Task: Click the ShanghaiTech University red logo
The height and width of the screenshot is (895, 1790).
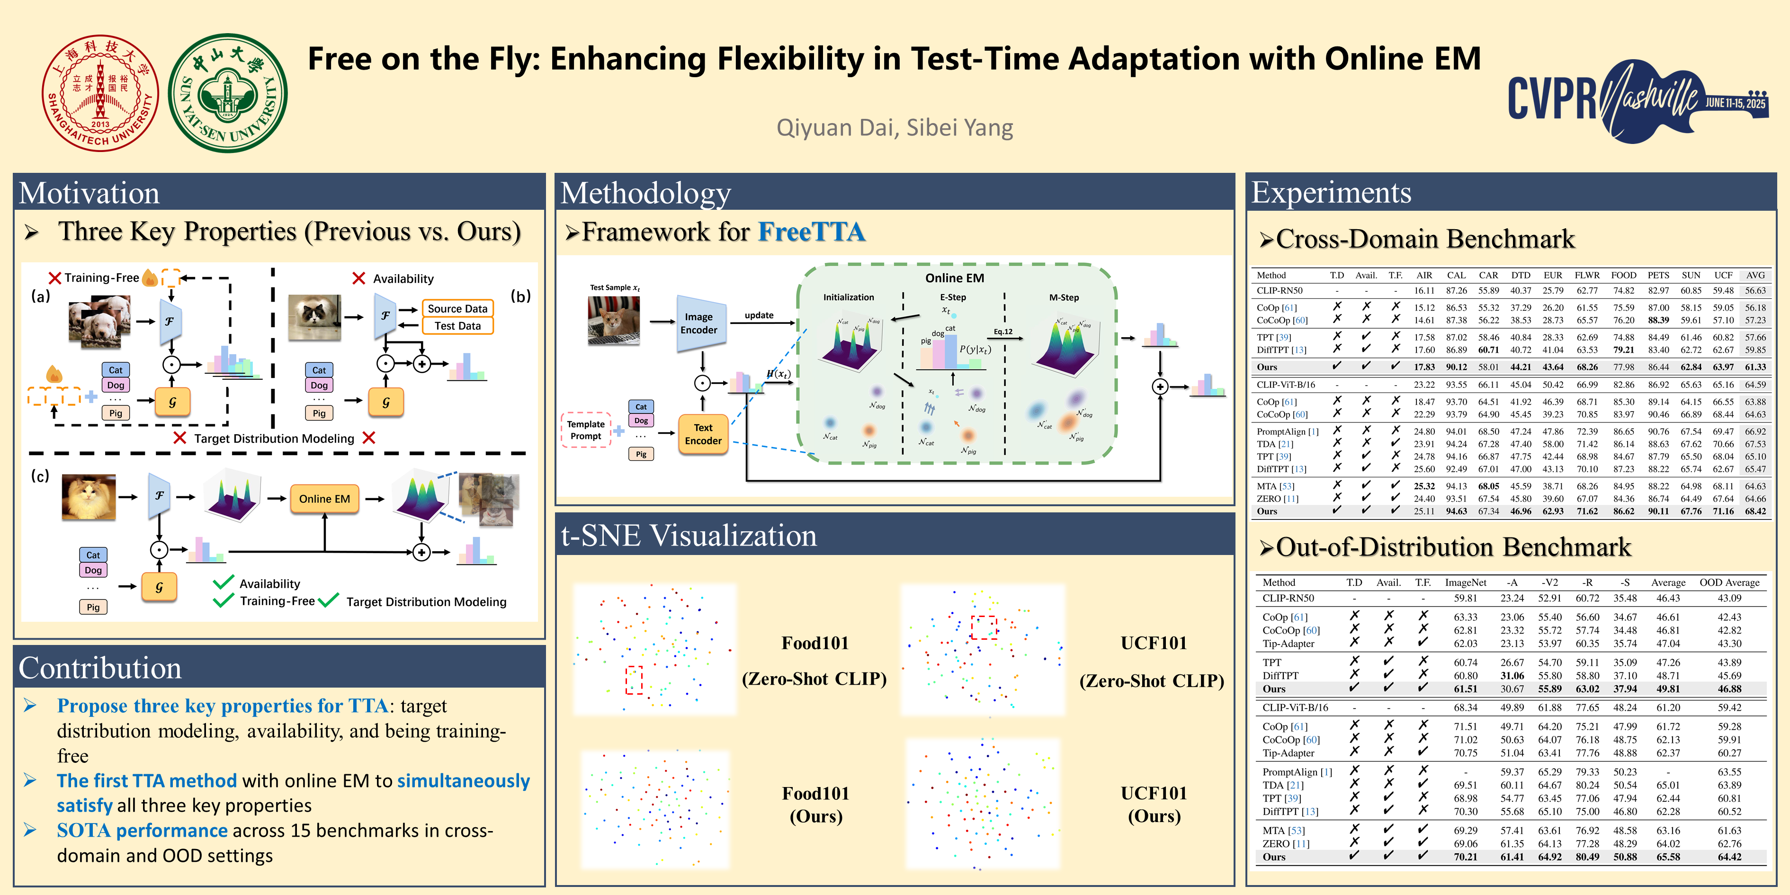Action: click(100, 93)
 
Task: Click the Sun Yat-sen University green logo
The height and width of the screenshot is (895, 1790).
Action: click(228, 93)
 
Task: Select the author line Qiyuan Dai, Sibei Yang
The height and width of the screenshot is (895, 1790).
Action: click(895, 128)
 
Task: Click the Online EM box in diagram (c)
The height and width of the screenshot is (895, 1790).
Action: click(324, 499)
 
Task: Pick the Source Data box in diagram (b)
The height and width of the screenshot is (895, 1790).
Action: click(457, 309)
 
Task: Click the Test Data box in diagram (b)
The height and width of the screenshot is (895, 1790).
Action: click(457, 326)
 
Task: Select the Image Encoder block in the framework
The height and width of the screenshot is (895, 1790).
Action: click(700, 323)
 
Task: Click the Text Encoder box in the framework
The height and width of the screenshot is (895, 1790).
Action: click(703, 434)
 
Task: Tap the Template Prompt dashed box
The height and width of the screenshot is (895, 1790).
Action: click(586, 430)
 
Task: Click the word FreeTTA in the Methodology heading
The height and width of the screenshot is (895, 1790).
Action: click(811, 232)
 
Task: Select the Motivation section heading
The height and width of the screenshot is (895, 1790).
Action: click(89, 193)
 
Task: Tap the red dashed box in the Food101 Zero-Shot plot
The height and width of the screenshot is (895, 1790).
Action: click(634, 680)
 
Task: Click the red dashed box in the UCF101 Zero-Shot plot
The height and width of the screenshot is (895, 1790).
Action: click(983, 627)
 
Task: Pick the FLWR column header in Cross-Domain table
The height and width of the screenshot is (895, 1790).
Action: click(1587, 275)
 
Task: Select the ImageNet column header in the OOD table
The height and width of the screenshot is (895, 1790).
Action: click(1466, 582)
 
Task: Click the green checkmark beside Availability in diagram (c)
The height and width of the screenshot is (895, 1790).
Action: click(223, 582)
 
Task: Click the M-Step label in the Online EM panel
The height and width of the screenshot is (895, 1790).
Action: click(1064, 297)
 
